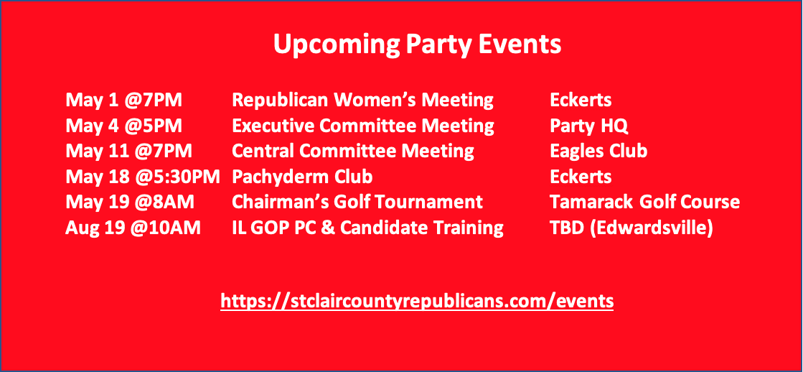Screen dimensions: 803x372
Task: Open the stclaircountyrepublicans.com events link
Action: click(x=417, y=301)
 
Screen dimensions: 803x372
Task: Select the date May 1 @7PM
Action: click(x=124, y=100)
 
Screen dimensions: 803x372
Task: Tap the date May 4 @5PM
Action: click(x=124, y=126)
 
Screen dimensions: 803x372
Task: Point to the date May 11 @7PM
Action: click(x=129, y=151)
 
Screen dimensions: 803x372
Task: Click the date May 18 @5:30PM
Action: click(x=143, y=177)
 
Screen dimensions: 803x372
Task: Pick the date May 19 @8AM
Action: click(x=130, y=203)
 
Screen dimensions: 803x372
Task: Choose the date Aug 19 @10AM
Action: click(x=133, y=228)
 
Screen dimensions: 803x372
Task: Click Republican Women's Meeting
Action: click(x=362, y=100)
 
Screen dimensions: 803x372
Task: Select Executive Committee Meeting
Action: click(x=363, y=126)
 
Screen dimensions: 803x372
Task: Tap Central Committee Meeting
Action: click(x=353, y=151)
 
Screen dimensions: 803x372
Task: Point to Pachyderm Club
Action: click(x=302, y=177)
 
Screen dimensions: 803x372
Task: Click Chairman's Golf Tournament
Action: click(x=357, y=203)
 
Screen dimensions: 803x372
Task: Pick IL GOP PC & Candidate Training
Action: click(x=367, y=228)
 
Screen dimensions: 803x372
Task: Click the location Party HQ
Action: click(x=589, y=126)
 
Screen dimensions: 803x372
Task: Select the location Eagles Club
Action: click(x=598, y=151)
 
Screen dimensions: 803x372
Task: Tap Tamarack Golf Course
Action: click(x=644, y=203)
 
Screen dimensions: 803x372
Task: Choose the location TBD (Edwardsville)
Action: click(x=631, y=228)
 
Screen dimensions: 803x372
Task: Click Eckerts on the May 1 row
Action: click(x=581, y=100)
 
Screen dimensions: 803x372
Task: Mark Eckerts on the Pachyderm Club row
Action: click(x=581, y=177)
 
